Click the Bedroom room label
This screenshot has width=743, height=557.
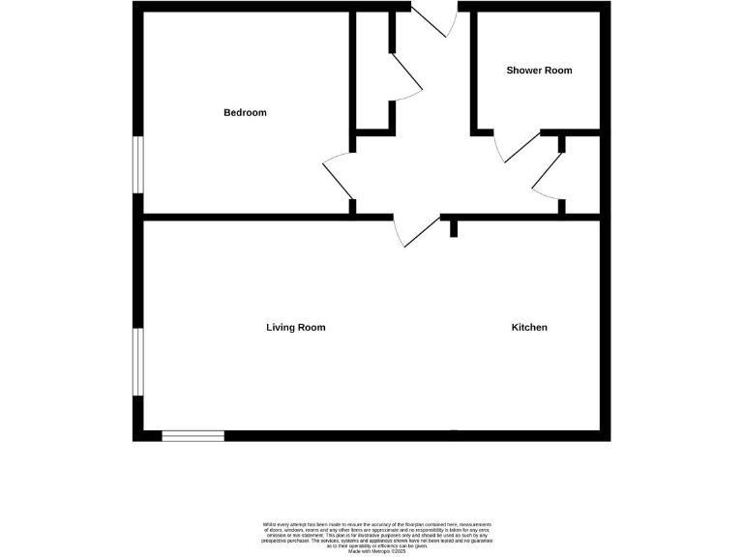(x=245, y=113)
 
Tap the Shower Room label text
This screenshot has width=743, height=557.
(x=539, y=71)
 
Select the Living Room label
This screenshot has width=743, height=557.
(x=295, y=328)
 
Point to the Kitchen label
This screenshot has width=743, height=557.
(x=529, y=328)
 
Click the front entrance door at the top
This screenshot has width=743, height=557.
(x=431, y=19)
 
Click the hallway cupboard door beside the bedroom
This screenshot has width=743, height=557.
(x=406, y=75)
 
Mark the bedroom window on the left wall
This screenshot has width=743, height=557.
(x=138, y=164)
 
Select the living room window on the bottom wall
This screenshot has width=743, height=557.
(x=193, y=436)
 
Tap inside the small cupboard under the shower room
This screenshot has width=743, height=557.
(x=580, y=174)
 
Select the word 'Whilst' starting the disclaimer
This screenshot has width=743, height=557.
(x=269, y=524)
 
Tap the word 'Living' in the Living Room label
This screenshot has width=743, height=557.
(x=280, y=328)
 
